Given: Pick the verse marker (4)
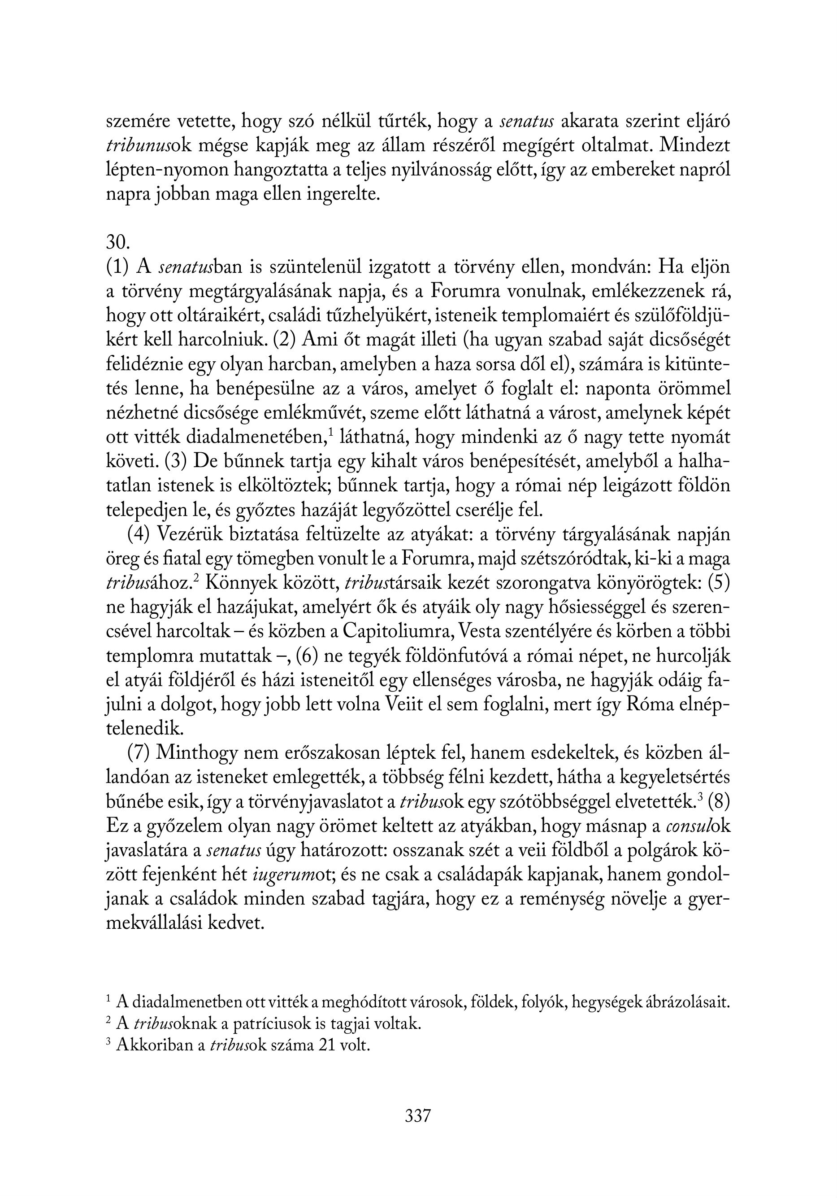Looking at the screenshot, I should coord(139,534).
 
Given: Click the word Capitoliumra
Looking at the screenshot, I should coord(398,632).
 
